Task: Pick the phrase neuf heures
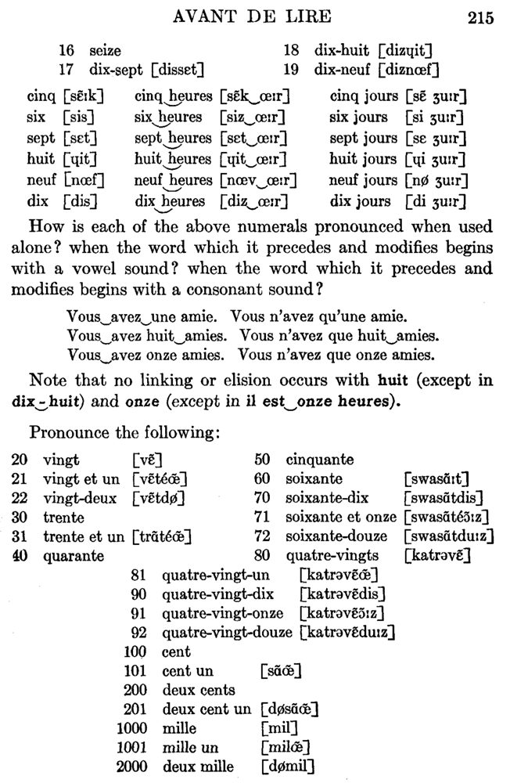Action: click(174, 181)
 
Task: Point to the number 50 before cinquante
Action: click(262, 460)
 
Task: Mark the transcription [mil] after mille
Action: click(279, 728)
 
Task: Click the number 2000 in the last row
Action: click(132, 767)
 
